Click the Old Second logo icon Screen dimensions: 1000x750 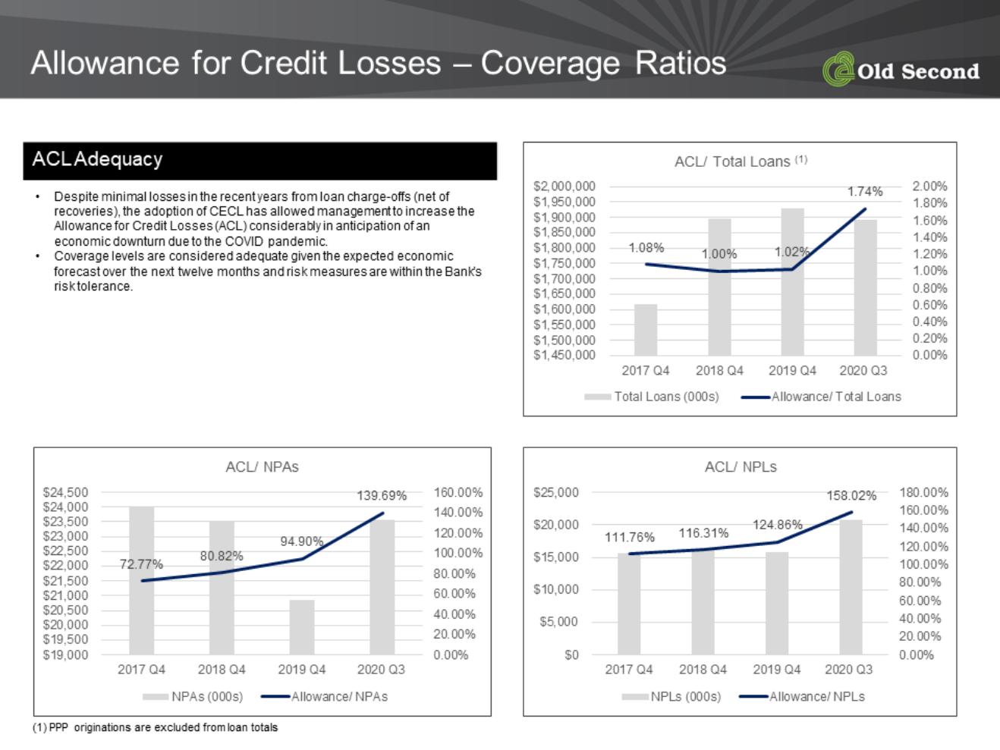click(x=838, y=68)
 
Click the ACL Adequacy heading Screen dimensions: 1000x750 click(x=97, y=159)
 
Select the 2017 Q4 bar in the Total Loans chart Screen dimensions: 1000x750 click(x=646, y=330)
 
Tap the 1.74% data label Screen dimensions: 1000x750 click(x=865, y=191)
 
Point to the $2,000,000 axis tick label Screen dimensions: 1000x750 click(x=564, y=187)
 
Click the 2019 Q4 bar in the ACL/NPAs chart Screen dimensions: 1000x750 click(x=302, y=627)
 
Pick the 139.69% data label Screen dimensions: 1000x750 click(x=382, y=495)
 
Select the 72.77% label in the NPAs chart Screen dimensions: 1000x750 click(x=141, y=564)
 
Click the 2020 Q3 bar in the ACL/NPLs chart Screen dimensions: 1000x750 click(x=851, y=587)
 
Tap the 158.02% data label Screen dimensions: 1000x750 click(x=851, y=495)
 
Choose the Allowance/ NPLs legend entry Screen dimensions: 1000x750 click(x=802, y=697)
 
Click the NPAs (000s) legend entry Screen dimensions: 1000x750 click(x=193, y=697)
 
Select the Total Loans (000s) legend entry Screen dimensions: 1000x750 click(x=652, y=397)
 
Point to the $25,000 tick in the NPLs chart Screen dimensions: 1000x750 click(x=556, y=492)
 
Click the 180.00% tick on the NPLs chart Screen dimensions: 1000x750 click(x=923, y=492)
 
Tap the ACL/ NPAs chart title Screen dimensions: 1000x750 click(x=263, y=466)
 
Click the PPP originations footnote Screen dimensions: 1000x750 click(x=156, y=728)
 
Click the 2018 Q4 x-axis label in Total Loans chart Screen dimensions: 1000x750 click(x=719, y=371)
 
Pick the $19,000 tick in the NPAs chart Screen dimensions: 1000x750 click(x=65, y=654)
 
